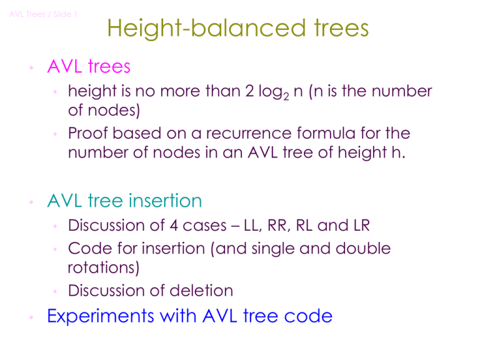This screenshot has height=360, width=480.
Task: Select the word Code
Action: (87, 248)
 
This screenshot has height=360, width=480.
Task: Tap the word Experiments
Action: (102, 317)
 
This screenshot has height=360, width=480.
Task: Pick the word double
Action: (364, 248)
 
